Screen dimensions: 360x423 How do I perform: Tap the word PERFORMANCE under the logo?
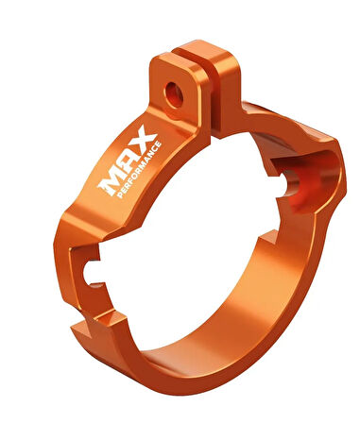pos(140,170)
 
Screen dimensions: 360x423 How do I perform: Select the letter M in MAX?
pos(110,185)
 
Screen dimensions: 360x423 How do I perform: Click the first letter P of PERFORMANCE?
pos(120,195)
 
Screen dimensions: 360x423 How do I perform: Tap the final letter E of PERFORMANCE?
pos(159,144)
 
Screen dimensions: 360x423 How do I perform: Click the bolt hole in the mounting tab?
pos(174,94)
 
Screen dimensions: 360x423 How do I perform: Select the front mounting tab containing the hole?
pos(177,92)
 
